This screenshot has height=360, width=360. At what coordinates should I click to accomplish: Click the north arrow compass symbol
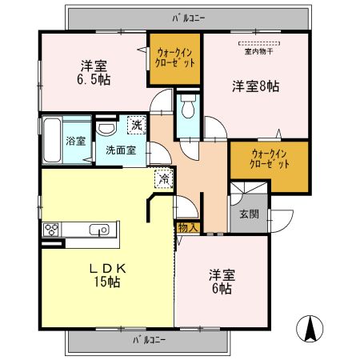point(310,329)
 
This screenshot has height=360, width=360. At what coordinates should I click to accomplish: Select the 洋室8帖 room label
point(255,86)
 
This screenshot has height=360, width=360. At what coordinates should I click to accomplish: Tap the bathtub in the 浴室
point(52,139)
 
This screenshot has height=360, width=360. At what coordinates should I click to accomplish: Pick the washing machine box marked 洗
point(137,125)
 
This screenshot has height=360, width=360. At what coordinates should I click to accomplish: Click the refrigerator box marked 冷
point(162,180)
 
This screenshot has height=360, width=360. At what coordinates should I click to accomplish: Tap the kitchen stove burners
point(52,230)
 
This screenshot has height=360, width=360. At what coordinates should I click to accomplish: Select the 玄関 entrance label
point(249,214)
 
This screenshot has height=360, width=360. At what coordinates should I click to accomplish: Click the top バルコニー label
point(189,16)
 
